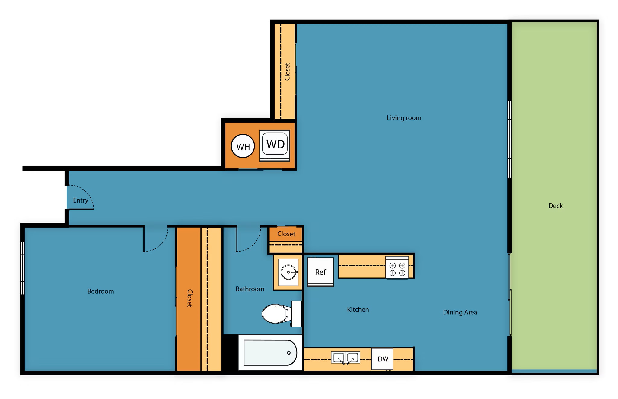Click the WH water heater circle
pyautogui.click(x=243, y=146)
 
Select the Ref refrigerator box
pyautogui.click(x=320, y=272)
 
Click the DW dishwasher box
pyautogui.click(x=382, y=359)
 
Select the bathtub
pyautogui.click(x=270, y=353)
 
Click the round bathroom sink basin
pyautogui.click(x=288, y=272)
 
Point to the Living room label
pyautogui.click(x=404, y=118)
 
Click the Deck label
pyautogui.click(x=555, y=206)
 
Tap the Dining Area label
pyautogui.click(x=460, y=312)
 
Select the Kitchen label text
pyautogui.click(x=358, y=310)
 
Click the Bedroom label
pyautogui.click(x=100, y=291)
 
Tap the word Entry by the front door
pyautogui.click(x=80, y=200)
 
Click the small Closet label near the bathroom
pyautogui.click(x=286, y=234)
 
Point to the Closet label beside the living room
pyautogui.click(x=287, y=72)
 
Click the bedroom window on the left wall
pyautogui.click(x=22, y=268)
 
